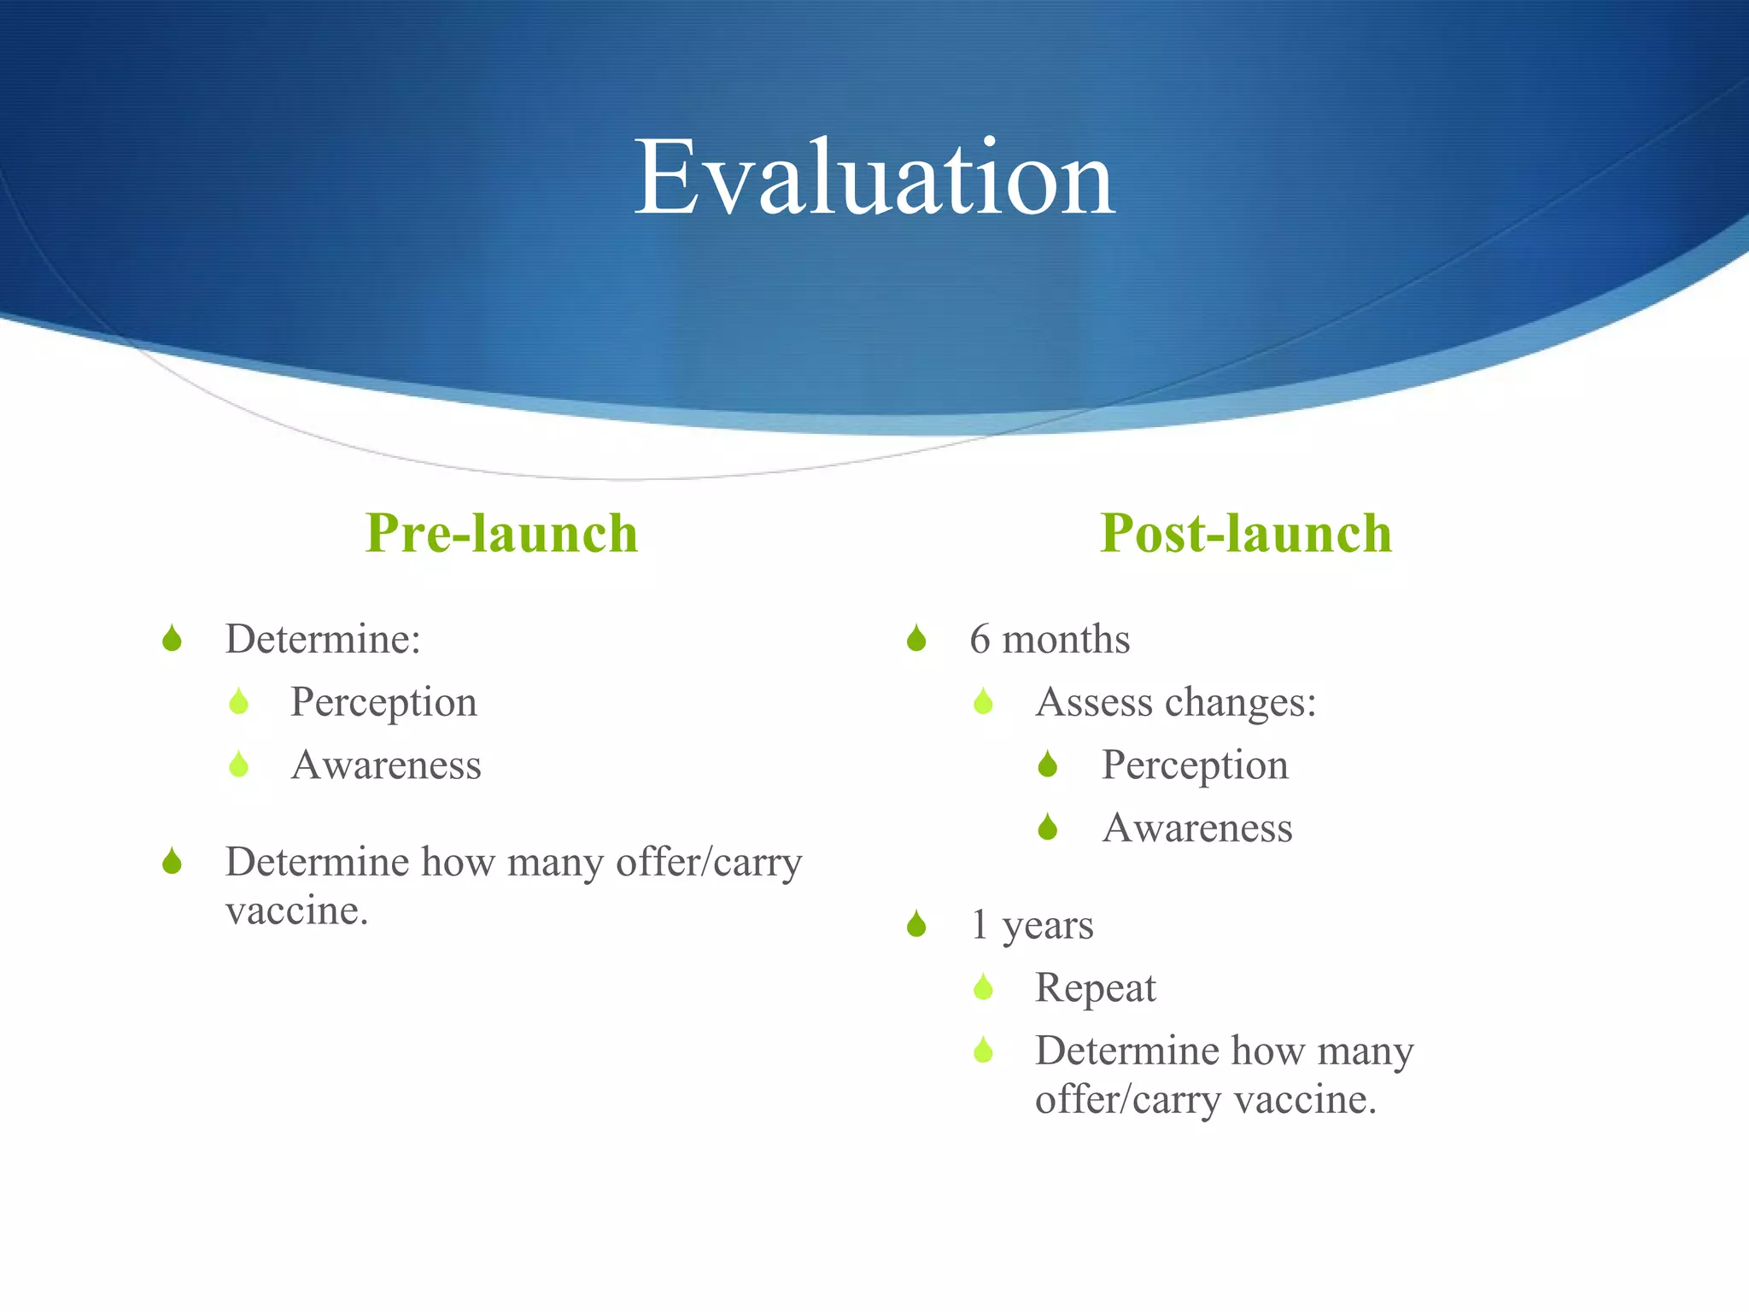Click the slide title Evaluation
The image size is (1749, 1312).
[x=874, y=178]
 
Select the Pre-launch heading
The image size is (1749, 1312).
[x=501, y=534]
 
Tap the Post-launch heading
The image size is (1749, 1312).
[x=1245, y=534]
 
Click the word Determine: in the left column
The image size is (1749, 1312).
[x=323, y=639]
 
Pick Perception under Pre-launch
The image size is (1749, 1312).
[x=383, y=703]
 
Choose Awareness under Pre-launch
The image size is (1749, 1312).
[x=386, y=765]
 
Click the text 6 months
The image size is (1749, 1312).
[x=1050, y=639]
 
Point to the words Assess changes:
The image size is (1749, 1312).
[x=1175, y=702]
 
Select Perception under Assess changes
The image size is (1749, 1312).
[x=1195, y=765]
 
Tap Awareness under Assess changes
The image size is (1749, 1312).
[x=1197, y=829]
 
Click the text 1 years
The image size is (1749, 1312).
[x=1032, y=925]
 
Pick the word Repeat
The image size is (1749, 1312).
[x=1095, y=988]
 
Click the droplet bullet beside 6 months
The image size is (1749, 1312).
[x=916, y=638]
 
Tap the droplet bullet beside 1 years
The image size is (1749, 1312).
[x=916, y=923]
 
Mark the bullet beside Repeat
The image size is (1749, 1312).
[x=983, y=987]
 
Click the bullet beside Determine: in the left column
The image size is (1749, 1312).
[x=172, y=638]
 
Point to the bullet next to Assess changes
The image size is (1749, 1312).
[x=983, y=701]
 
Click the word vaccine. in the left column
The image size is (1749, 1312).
[x=296, y=911]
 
